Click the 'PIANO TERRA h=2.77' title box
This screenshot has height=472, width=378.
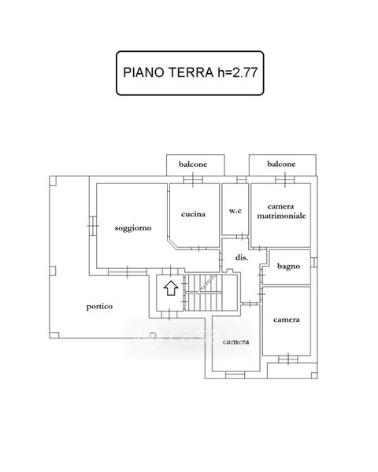click(x=190, y=73)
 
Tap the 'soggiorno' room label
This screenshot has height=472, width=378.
click(x=133, y=228)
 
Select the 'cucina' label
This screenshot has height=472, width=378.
click(x=193, y=214)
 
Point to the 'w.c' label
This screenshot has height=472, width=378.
click(x=235, y=211)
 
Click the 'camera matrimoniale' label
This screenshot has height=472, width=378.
click(x=281, y=211)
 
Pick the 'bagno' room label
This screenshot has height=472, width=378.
click(x=288, y=267)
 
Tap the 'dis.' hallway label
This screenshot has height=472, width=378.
click(x=242, y=258)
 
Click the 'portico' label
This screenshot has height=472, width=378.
click(x=99, y=307)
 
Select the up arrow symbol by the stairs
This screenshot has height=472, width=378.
click(x=171, y=288)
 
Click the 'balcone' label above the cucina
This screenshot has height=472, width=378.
click(x=193, y=164)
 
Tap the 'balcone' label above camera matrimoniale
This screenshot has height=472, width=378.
click(x=281, y=164)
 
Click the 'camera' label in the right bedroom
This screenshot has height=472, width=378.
click(x=287, y=319)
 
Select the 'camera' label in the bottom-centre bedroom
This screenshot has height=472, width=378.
click(x=235, y=342)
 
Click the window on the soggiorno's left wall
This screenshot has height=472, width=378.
click(x=93, y=226)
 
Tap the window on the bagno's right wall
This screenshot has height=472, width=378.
click(x=313, y=262)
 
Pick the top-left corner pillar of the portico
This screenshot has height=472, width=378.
click(x=53, y=181)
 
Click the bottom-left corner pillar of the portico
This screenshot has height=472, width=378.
click(x=54, y=335)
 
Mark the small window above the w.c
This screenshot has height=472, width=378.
click(x=242, y=179)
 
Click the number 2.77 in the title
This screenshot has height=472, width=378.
click(x=244, y=73)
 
